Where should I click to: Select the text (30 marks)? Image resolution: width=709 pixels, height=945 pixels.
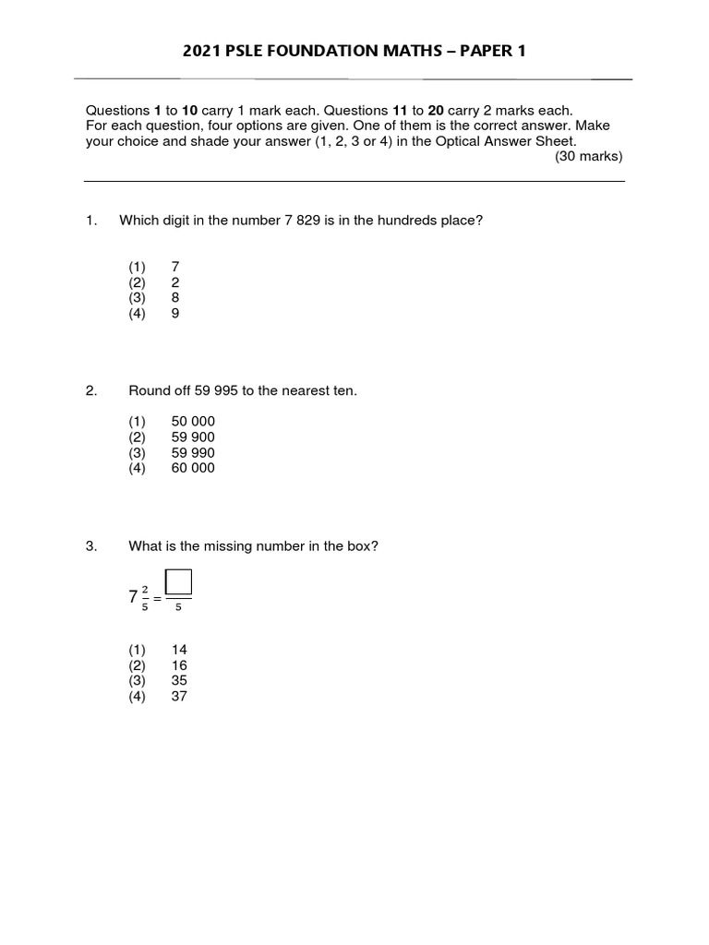[589, 156]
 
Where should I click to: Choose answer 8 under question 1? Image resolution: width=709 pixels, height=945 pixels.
[175, 298]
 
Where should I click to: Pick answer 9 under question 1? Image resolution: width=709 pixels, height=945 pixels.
[175, 314]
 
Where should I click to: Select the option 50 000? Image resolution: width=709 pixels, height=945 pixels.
[193, 422]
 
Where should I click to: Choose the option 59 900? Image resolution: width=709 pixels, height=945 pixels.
[193, 437]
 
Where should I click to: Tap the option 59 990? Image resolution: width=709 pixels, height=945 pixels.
[193, 453]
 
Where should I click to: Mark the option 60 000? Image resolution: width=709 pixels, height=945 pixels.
[193, 468]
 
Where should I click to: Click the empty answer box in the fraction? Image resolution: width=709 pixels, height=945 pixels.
[178, 582]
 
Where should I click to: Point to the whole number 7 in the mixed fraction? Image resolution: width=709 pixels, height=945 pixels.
[133, 597]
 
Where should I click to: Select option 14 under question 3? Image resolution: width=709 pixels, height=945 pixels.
[179, 650]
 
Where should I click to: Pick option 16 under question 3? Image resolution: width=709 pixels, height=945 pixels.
[179, 665]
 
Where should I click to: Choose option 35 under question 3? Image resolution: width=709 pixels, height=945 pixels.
[179, 681]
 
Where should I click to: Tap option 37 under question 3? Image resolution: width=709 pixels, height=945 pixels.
[179, 697]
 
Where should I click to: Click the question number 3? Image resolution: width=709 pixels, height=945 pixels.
[90, 546]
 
